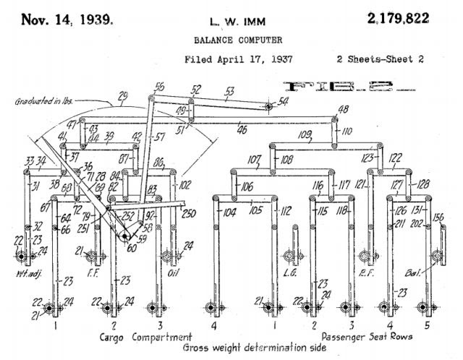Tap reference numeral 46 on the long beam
pyautogui.click(x=240, y=129)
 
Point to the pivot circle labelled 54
pyautogui.click(x=268, y=106)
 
